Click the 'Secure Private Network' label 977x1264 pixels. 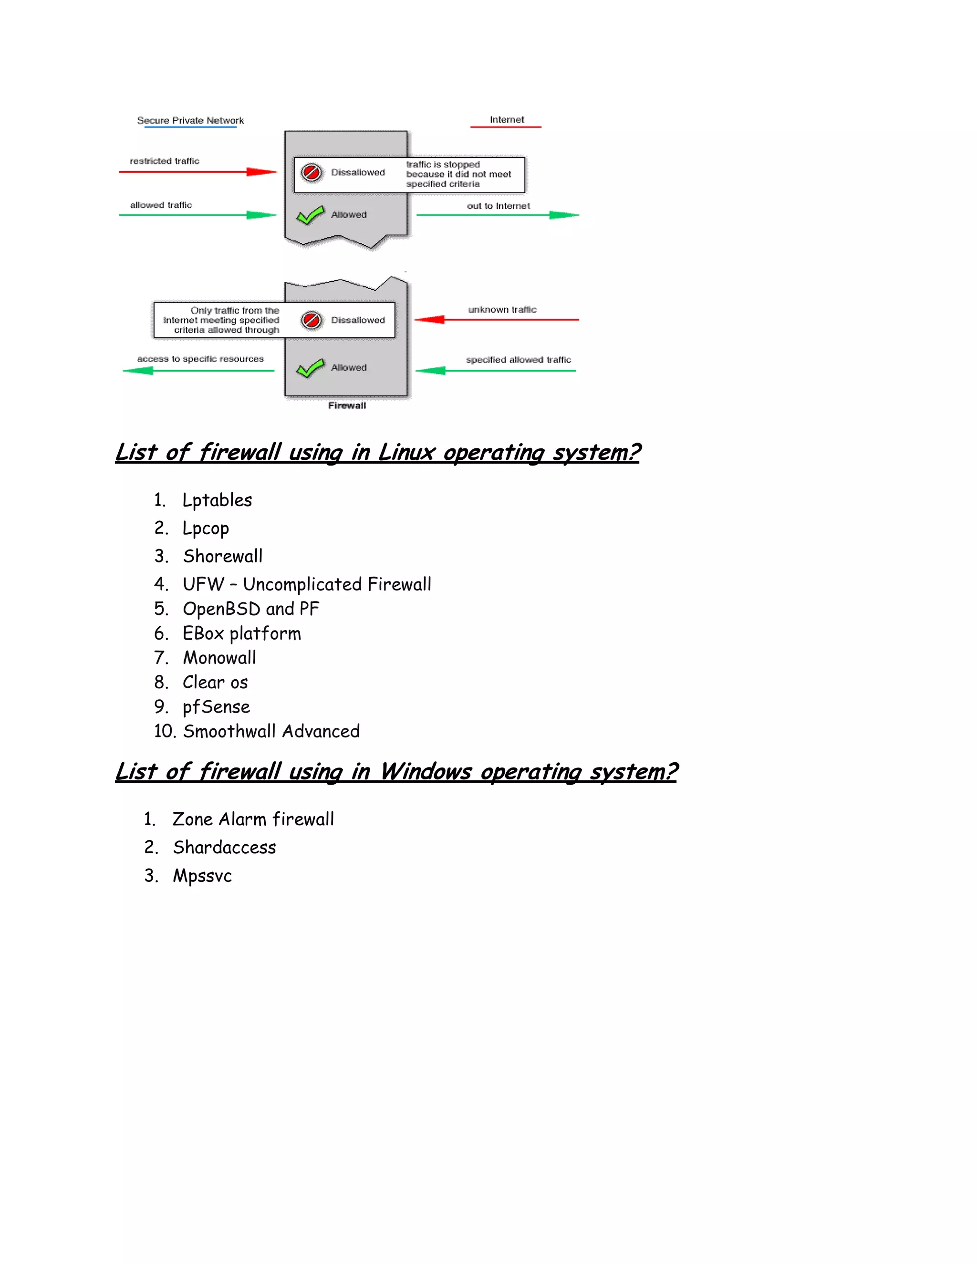pyautogui.click(x=190, y=120)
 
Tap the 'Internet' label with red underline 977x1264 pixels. pyautogui.click(x=507, y=120)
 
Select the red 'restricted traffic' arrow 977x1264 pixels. pyautogui.click(x=197, y=172)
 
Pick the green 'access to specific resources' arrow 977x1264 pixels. pyautogui.click(x=198, y=371)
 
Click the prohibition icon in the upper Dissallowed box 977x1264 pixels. pyautogui.click(x=312, y=173)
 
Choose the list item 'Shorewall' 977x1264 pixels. pyautogui.click(x=223, y=556)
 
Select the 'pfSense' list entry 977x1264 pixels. pyautogui.click(x=216, y=707)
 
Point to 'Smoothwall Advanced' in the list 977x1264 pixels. pyautogui.click(x=271, y=732)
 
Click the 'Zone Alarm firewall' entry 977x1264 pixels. pyautogui.click(x=253, y=819)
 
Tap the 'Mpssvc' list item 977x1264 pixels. pyautogui.click(x=202, y=876)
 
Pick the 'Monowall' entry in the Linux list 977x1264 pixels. pyautogui.click(x=219, y=658)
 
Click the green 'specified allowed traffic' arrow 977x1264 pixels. pyautogui.click(x=497, y=371)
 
